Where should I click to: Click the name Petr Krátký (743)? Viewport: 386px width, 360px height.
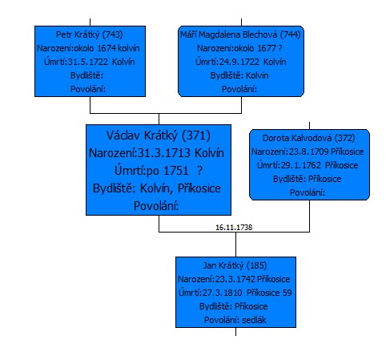click(x=89, y=34)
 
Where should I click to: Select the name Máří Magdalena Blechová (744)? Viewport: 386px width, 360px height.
click(x=240, y=34)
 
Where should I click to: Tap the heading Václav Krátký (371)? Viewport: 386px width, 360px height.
click(x=159, y=136)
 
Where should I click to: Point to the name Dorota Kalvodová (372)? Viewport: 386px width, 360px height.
click(x=309, y=138)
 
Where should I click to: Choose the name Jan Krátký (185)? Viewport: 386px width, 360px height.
click(x=235, y=265)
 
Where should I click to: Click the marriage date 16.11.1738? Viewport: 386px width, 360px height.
click(x=234, y=228)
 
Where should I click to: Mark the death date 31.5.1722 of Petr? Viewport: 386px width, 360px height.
click(x=88, y=62)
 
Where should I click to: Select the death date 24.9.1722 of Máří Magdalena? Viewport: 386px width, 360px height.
click(x=239, y=62)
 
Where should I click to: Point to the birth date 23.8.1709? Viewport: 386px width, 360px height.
click(x=309, y=152)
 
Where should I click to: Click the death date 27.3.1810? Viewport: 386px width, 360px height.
click(x=223, y=293)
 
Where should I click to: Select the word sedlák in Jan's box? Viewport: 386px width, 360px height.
click(x=254, y=320)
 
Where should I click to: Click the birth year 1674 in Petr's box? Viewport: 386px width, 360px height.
click(x=107, y=48)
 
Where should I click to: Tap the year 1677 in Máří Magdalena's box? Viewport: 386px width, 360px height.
click(x=267, y=48)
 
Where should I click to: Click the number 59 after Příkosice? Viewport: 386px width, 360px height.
click(x=287, y=293)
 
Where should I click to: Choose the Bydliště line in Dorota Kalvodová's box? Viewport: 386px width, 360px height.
click(x=308, y=179)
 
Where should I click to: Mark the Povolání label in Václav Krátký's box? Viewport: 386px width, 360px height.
click(x=156, y=206)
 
